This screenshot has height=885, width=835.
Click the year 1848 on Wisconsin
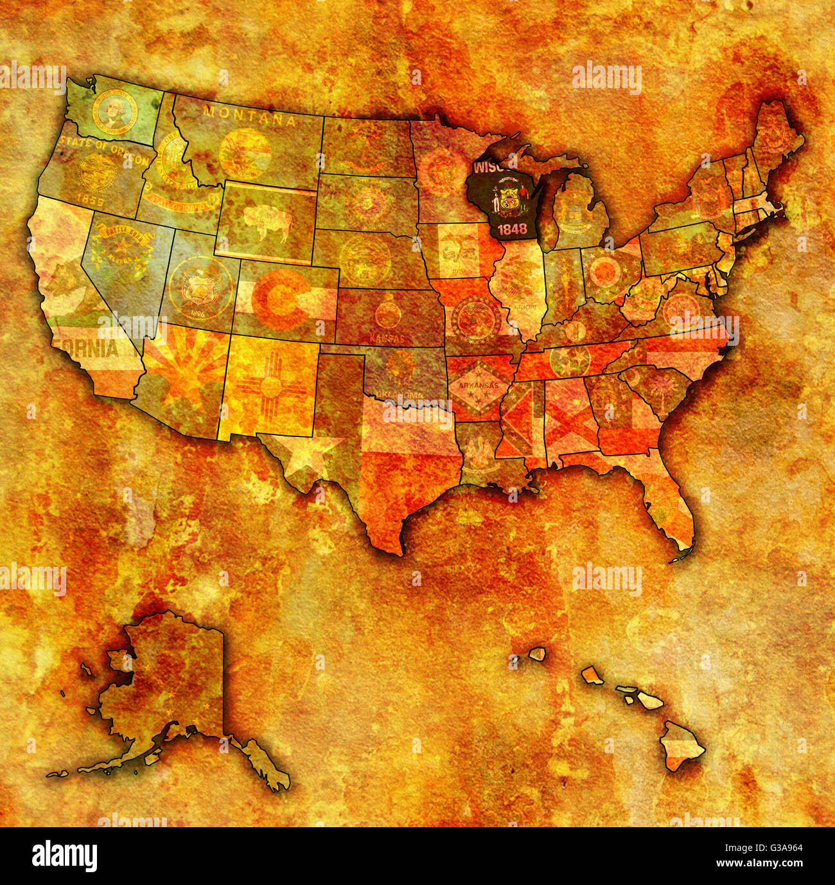click(x=511, y=229)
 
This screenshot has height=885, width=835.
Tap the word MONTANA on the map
click(x=249, y=116)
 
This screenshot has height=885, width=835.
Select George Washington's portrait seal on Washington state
click(x=115, y=112)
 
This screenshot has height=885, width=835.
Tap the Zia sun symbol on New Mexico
click(x=267, y=387)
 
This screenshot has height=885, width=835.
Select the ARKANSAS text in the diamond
click(x=474, y=386)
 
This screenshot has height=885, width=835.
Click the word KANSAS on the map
click(x=387, y=337)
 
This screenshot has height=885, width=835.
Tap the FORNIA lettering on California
click(x=87, y=349)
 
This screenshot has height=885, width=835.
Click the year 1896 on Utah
click(x=197, y=314)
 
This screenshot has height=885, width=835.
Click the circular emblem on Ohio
click(x=605, y=273)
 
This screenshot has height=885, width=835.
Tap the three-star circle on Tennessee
click(x=569, y=360)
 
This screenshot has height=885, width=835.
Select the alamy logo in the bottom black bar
click(x=64, y=856)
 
